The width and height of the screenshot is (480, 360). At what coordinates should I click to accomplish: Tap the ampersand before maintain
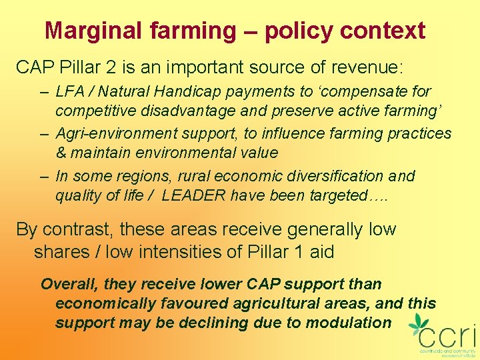pyautogui.click(x=61, y=152)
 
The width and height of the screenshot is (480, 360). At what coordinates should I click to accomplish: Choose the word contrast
pyautogui.click(x=77, y=229)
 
